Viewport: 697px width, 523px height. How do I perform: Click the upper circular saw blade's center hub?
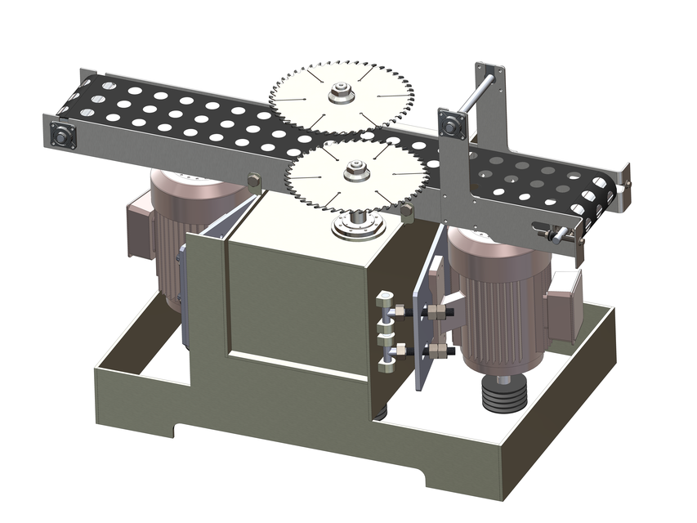point(341,96)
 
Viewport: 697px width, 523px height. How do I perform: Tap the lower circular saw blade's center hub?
point(355,172)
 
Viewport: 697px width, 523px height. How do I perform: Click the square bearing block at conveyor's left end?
point(61,136)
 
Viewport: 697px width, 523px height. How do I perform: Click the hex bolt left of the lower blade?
point(252,182)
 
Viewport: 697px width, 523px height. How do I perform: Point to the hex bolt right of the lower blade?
point(405,213)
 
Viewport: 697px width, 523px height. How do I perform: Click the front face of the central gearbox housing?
point(294,302)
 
